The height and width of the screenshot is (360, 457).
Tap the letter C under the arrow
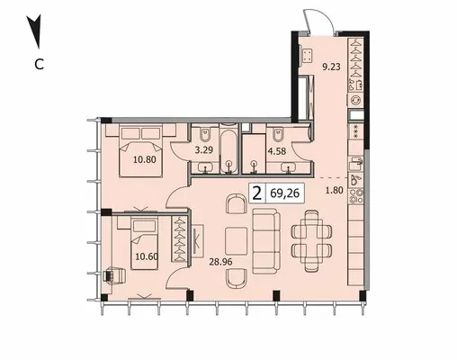coord(40,64)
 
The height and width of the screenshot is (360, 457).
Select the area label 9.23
coord(331,67)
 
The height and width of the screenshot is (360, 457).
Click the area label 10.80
coord(145,159)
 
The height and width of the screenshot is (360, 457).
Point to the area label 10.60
coord(147,256)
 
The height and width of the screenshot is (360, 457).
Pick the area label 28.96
coord(220,262)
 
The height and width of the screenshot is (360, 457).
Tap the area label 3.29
coord(204,149)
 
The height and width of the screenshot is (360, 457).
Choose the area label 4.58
coord(277,151)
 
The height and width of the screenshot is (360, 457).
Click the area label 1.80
coord(335,190)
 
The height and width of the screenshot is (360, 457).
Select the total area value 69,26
coord(284,193)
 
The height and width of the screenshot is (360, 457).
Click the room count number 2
coord(257,193)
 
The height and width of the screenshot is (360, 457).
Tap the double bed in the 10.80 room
coord(140,151)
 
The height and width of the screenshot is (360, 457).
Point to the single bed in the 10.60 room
coord(144,244)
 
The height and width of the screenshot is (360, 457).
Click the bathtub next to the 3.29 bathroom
coord(229,149)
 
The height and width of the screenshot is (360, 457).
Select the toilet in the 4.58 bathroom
coord(277,134)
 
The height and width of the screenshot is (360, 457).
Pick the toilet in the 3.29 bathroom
coord(205,134)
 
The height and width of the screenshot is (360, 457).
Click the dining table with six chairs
coord(312,241)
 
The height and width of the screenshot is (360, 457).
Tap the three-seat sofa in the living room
coord(266,241)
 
